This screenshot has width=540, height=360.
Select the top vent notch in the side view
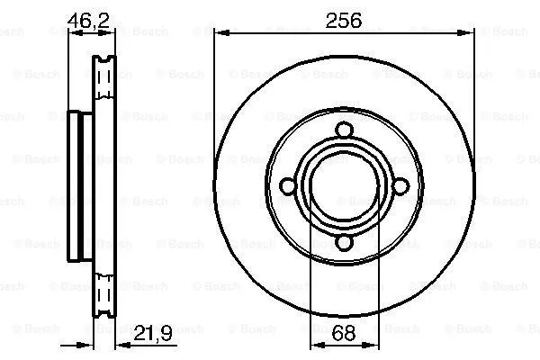point(103,62)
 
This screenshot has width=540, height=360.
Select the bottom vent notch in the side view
point(103,307)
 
